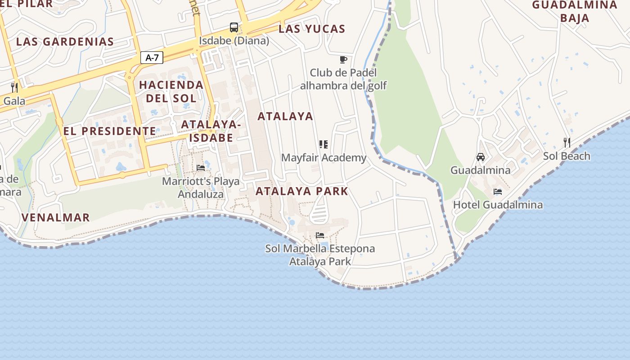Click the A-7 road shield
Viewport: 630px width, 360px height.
click(x=152, y=58)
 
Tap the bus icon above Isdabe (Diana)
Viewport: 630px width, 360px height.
click(x=234, y=27)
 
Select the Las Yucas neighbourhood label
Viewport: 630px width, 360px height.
click(x=312, y=29)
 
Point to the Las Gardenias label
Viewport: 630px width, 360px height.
click(x=65, y=42)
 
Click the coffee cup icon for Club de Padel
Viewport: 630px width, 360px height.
click(x=343, y=59)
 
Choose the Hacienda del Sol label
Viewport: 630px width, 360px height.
click(x=171, y=91)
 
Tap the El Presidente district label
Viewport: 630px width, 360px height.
click(x=109, y=131)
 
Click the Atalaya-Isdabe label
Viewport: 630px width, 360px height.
click(x=211, y=131)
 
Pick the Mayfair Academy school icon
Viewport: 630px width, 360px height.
click(x=323, y=144)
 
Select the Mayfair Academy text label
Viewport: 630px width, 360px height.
click(x=324, y=158)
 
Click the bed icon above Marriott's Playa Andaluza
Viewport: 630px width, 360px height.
click(x=201, y=168)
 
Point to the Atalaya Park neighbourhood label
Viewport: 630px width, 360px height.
click(x=302, y=191)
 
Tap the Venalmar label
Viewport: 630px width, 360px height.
click(x=56, y=218)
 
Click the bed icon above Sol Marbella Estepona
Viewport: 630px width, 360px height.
click(x=320, y=235)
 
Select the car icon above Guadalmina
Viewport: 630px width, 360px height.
click(x=481, y=157)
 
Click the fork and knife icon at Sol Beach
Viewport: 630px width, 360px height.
click(x=567, y=143)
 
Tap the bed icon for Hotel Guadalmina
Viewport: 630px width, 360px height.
click(x=498, y=192)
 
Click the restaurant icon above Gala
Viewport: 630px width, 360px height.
click(x=14, y=87)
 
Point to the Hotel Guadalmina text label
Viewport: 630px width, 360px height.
click(x=498, y=205)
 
